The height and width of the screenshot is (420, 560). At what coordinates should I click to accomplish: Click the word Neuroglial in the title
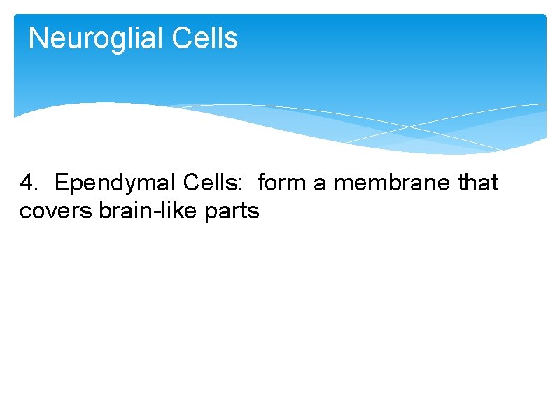pyautogui.click(x=87, y=38)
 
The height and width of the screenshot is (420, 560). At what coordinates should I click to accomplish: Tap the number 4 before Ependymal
pyautogui.click(x=27, y=183)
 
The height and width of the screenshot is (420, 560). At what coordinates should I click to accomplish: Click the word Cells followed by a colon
pyautogui.click(x=212, y=183)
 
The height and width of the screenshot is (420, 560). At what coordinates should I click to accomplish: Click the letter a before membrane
pyautogui.click(x=319, y=185)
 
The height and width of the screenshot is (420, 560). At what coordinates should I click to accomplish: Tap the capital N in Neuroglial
pyautogui.click(x=38, y=38)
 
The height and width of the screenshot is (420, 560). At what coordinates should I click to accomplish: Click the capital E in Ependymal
pyautogui.click(x=61, y=183)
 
